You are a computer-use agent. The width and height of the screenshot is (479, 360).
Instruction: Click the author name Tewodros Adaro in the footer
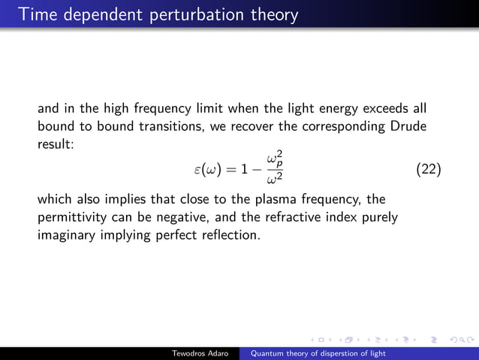[x=202, y=353]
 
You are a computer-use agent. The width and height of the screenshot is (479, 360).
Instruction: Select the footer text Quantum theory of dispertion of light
[x=318, y=353]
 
